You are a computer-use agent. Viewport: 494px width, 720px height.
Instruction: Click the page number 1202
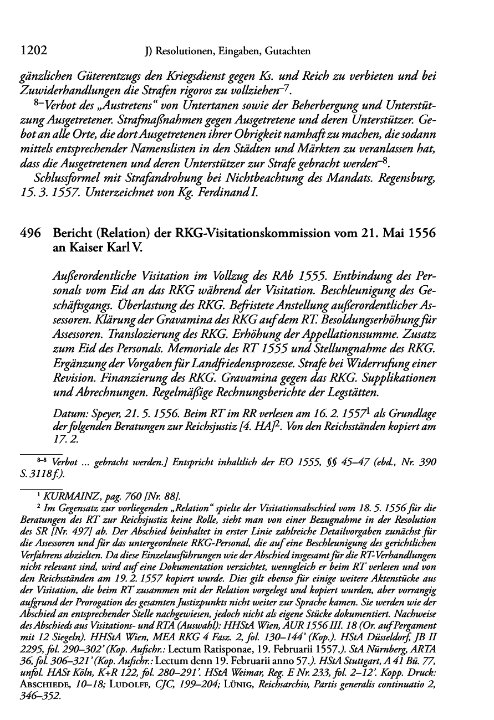pyautogui.click(x=33, y=51)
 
